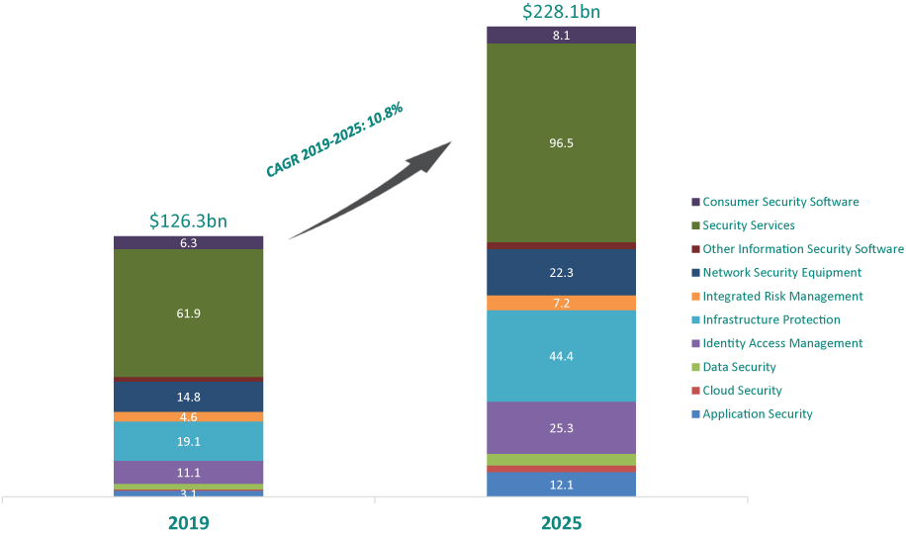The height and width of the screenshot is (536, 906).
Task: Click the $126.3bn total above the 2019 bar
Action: tap(188, 221)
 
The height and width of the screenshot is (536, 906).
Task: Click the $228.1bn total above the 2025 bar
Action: tap(561, 12)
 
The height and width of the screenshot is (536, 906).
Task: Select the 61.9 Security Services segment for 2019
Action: tap(188, 313)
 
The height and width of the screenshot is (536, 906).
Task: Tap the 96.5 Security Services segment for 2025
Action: tap(561, 142)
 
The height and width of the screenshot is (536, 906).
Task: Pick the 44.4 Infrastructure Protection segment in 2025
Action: tap(561, 356)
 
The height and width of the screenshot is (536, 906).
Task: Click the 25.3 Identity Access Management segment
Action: tap(561, 427)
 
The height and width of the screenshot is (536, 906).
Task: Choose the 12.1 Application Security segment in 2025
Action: tap(561, 484)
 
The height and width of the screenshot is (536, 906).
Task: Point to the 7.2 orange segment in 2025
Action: tap(561, 303)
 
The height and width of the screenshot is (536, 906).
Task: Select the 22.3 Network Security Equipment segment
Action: tap(561, 272)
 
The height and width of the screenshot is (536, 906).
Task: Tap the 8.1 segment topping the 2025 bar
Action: tap(561, 35)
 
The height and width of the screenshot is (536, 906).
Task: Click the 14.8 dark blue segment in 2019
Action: tap(188, 397)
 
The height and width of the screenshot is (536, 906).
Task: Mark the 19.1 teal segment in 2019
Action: tap(188, 441)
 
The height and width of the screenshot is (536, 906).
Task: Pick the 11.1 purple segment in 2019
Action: tap(188, 472)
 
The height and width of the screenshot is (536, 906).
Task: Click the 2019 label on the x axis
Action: tap(188, 522)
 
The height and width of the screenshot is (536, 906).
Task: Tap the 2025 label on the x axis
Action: tap(561, 522)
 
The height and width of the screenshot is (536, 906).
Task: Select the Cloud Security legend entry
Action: tap(742, 391)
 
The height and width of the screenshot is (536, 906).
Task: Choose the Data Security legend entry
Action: tap(739, 367)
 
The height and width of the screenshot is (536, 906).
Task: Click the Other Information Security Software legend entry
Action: tap(802, 249)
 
